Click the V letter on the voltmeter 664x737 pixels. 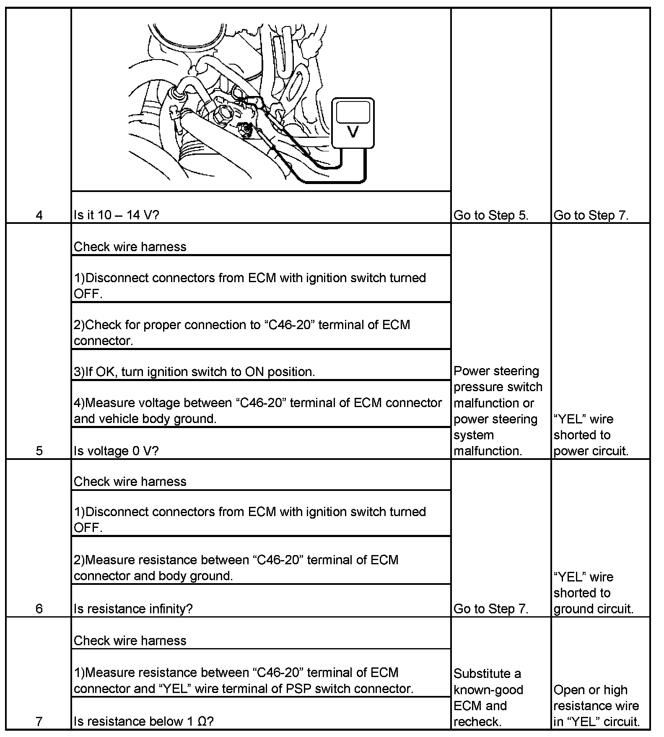tap(353, 132)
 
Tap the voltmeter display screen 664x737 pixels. tap(353, 112)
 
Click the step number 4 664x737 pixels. tap(39, 215)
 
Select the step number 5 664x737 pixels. tap(39, 451)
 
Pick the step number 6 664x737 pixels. tap(39, 609)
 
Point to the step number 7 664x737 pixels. tap(39, 721)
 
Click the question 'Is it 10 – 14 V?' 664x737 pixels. tap(116, 215)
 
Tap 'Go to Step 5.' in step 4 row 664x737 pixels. tap(491, 215)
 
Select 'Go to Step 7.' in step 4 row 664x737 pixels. tap(591, 215)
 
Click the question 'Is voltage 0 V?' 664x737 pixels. tap(116, 451)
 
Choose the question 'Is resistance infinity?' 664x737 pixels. tap(133, 609)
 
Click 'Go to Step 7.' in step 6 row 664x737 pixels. tap(491, 609)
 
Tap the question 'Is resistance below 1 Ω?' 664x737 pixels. tap(143, 721)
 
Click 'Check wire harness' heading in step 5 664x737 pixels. tap(130, 247)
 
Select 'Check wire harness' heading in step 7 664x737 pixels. tap(130, 641)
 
